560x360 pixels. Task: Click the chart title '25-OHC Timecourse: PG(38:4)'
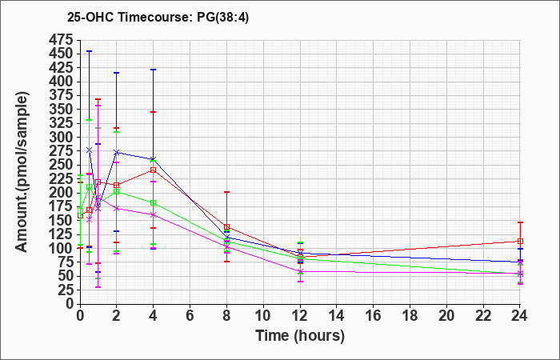pos(158,18)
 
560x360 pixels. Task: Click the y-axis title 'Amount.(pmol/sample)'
pos(22,173)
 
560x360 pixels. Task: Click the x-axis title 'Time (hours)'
pos(300,336)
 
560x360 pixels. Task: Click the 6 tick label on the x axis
pos(190,315)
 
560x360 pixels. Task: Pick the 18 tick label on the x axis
pos(410,315)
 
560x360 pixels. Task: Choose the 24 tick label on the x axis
pos(520,315)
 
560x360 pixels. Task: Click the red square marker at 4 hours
pos(154,170)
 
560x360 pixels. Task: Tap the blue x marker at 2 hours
pos(117,153)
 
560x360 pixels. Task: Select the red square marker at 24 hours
pos(520,241)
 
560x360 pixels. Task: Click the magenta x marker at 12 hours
pos(300,271)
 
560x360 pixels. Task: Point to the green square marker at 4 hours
pos(154,203)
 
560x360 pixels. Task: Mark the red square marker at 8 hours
pos(226,227)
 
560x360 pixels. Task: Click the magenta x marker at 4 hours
pos(154,214)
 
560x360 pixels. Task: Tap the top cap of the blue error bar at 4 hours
pos(154,70)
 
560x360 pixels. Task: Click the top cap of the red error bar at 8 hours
pos(226,192)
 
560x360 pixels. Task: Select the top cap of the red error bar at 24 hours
pos(520,222)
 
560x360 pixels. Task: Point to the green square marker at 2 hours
pos(117,192)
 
